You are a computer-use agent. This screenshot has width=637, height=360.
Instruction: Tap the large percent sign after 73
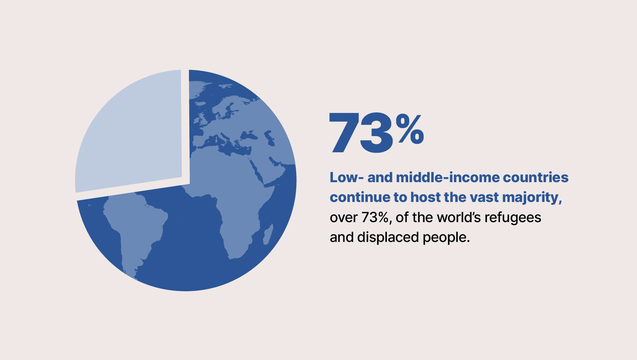[410, 129]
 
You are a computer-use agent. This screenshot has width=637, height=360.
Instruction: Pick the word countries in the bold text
[536, 177]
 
